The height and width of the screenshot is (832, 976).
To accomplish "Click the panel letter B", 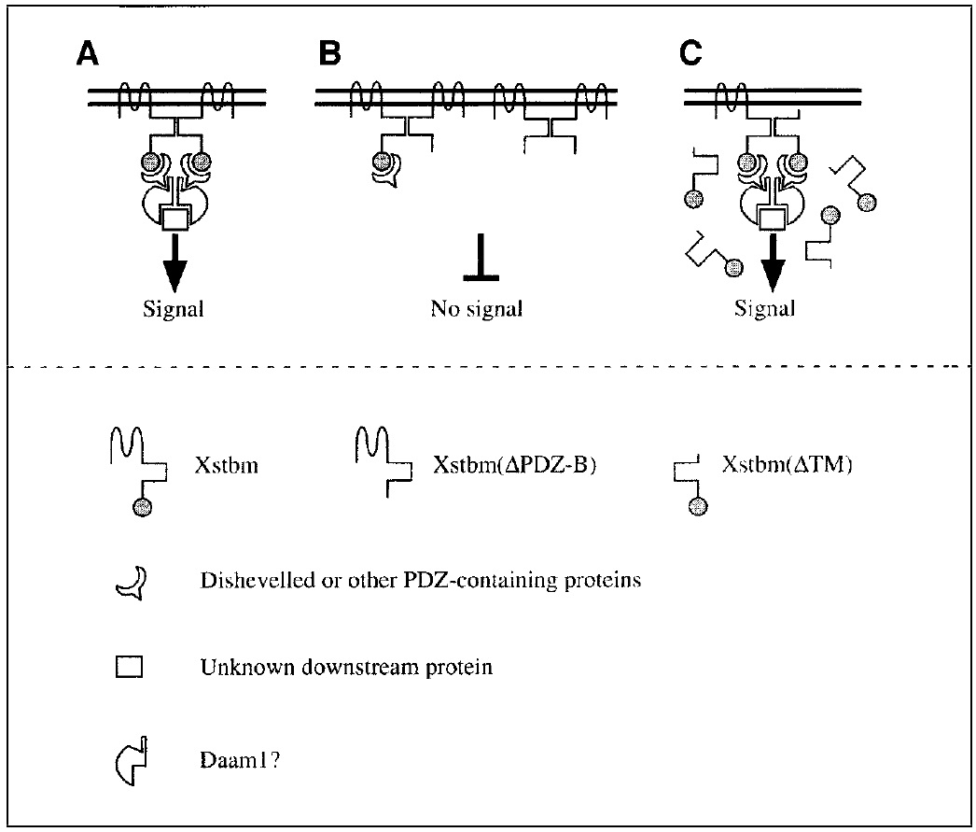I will point(328,55).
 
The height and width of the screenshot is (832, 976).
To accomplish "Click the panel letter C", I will point(691,55).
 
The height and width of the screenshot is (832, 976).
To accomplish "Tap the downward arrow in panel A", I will point(172,261).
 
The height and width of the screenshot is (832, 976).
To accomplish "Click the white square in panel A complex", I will point(174,219).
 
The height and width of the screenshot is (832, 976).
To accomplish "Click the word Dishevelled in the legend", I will point(253,581).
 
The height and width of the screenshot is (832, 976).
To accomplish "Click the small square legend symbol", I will point(128,668).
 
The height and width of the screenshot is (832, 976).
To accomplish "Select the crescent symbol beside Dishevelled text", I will point(128,581).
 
